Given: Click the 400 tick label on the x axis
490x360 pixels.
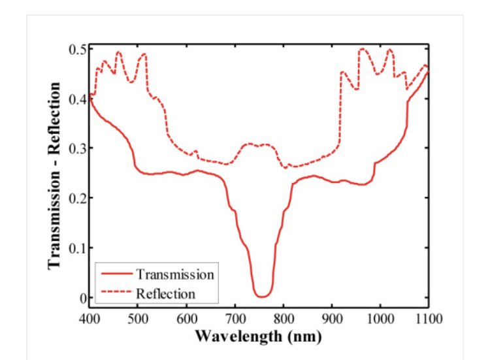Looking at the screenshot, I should tap(90, 319).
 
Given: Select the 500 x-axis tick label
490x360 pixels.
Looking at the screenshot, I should tap(138, 319).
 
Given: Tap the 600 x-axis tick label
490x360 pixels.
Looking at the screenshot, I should tap(186, 319).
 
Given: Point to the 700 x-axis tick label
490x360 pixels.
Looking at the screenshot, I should tap(235, 319).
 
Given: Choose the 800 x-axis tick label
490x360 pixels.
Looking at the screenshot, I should tap(283, 319).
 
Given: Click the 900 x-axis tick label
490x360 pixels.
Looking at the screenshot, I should tap(331, 319).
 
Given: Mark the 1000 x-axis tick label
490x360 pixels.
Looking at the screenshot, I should tap(380, 319).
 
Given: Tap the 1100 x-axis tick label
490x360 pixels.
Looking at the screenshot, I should tap(428, 319).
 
